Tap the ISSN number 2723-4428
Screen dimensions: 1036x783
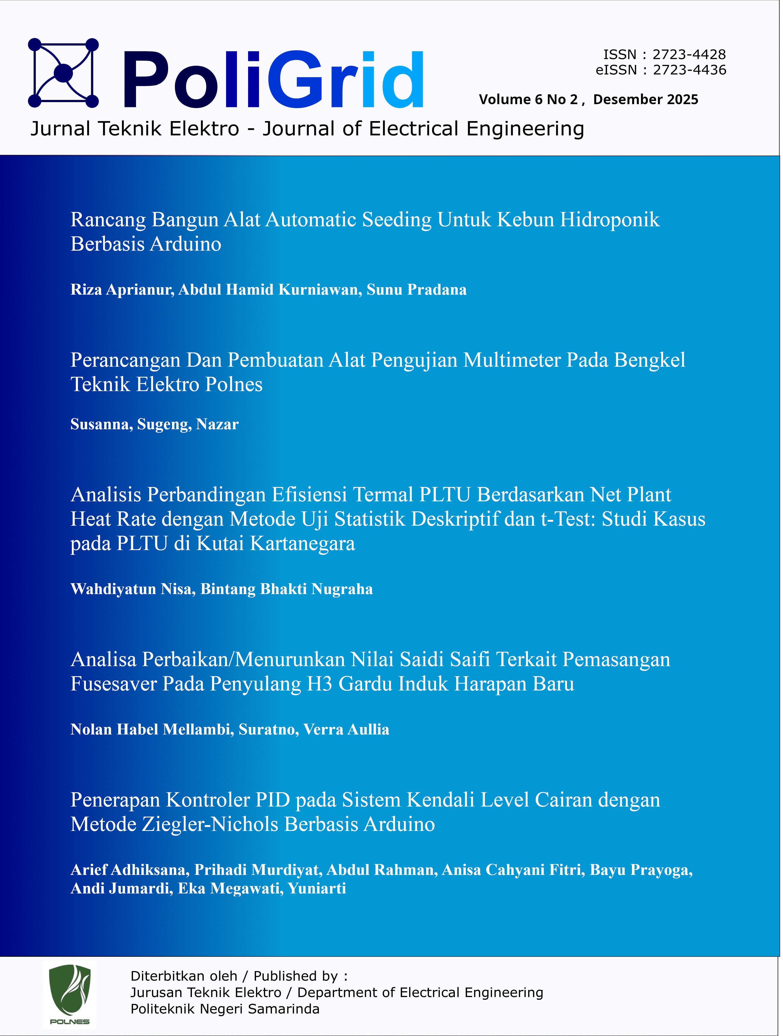click(689, 55)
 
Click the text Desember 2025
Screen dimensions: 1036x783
click(646, 100)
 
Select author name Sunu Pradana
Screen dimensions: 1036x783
click(417, 290)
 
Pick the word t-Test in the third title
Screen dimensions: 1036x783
click(568, 519)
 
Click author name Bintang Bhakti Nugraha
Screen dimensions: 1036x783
click(287, 589)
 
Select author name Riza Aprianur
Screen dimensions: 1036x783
click(122, 290)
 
